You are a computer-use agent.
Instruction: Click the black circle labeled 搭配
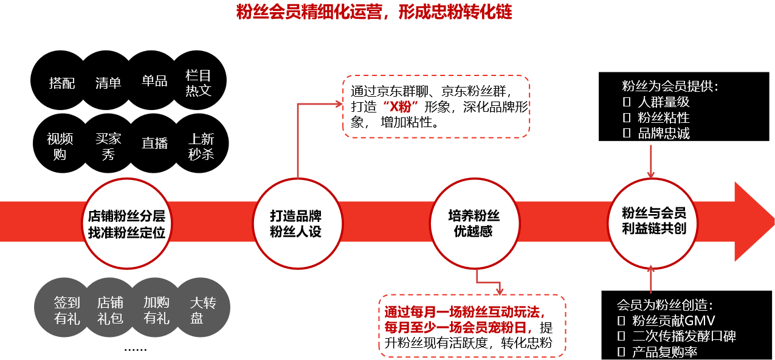point(61,82)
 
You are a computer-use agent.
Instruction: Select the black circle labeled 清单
point(108,82)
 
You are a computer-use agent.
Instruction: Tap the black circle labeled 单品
point(154,81)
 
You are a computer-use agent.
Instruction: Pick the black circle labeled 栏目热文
point(199,82)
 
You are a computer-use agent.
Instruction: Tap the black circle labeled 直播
point(154,144)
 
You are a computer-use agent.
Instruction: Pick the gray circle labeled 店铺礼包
point(111,310)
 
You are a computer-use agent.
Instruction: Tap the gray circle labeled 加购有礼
point(156,310)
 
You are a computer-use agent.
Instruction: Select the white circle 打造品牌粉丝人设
point(296,224)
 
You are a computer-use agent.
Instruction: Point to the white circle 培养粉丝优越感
point(474,224)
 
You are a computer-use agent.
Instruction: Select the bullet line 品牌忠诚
point(663,134)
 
